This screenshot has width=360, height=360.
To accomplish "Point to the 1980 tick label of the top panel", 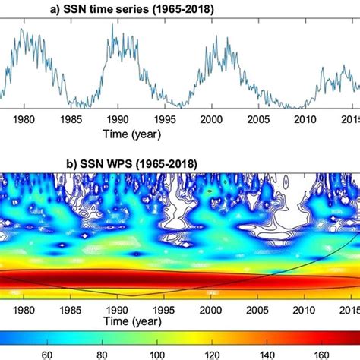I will click(24, 120).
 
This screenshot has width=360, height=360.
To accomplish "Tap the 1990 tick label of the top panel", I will click(117, 120).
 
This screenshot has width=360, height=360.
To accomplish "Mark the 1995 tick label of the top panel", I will click(164, 120).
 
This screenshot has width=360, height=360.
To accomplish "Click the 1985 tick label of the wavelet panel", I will click(70, 309).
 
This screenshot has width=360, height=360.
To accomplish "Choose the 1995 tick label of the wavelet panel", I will click(164, 309).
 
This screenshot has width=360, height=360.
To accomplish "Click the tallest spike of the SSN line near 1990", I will click(113, 24).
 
